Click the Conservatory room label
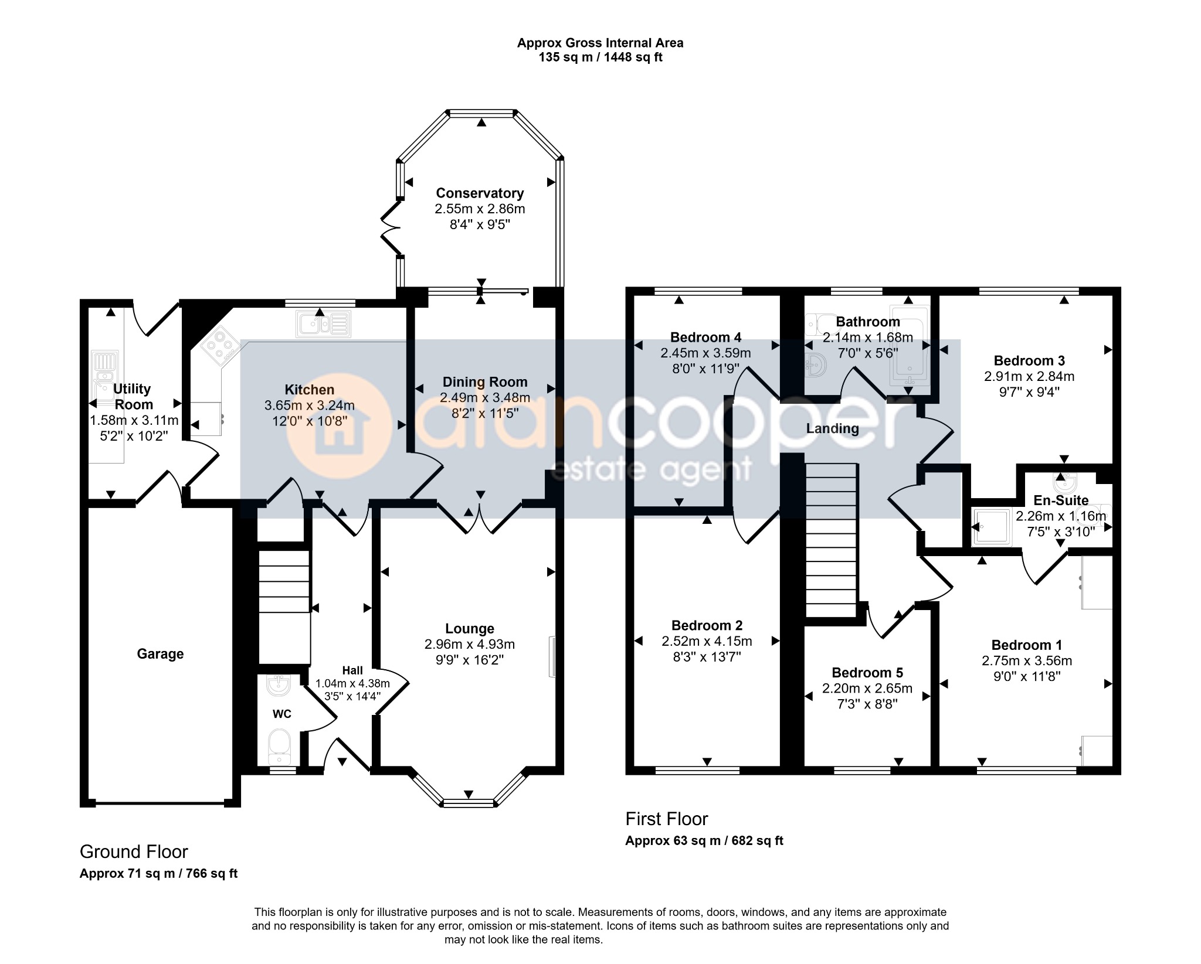[480, 193]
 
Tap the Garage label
[160, 654]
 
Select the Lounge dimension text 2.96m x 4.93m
[470, 645]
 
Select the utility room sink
[105, 375]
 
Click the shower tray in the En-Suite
[992, 527]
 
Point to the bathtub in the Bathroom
[910, 346]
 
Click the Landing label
[832, 429]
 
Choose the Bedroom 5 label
[867, 673]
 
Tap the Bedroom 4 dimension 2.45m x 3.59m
[705, 353]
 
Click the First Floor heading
[667, 819]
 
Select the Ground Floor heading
[134, 851]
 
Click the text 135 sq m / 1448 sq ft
[600, 57]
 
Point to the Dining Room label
[485, 383]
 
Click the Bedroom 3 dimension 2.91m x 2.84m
[1029, 377]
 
